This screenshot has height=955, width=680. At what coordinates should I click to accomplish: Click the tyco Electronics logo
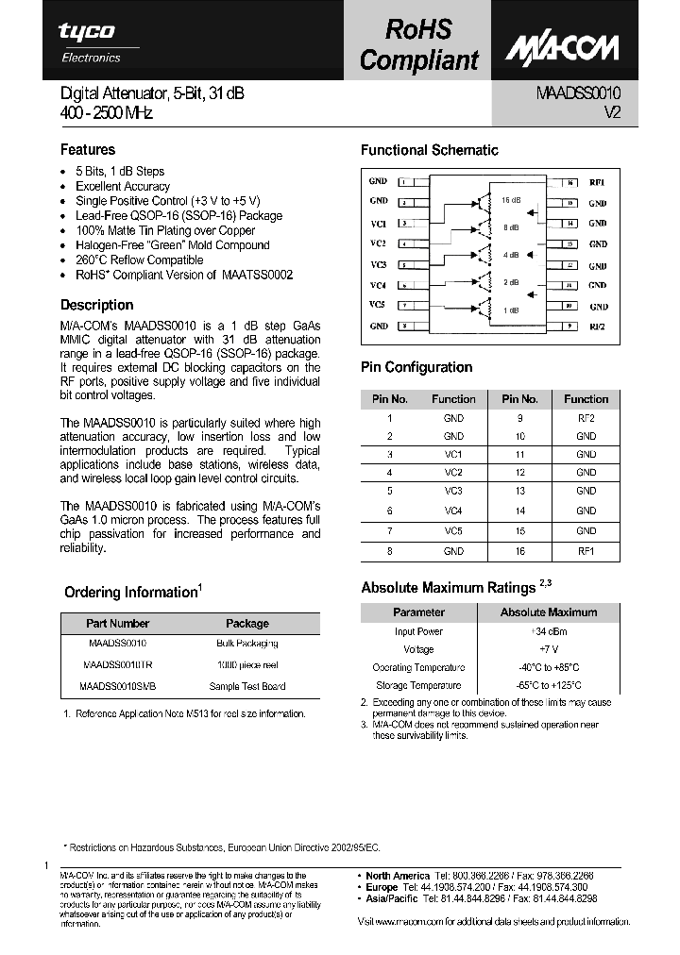pyautogui.click(x=91, y=42)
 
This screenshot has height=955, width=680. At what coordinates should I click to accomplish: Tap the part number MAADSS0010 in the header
pyautogui.click(x=579, y=93)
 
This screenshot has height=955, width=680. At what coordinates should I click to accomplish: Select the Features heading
pyautogui.click(x=88, y=150)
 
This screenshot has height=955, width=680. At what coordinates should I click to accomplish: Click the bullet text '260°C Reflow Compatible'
pyautogui.click(x=139, y=260)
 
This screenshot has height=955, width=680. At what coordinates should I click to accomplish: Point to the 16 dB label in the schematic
pyautogui.click(x=511, y=200)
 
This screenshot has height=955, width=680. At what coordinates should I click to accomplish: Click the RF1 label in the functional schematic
pyautogui.click(x=597, y=182)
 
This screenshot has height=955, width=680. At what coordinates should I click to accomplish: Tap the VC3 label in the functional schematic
pyautogui.click(x=378, y=265)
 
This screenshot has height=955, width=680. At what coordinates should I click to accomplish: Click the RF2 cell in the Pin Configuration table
pyautogui.click(x=586, y=417)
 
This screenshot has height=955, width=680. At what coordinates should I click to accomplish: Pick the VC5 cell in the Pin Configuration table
pyautogui.click(x=453, y=531)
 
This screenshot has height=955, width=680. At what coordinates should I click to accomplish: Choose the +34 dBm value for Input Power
pyautogui.click(x=548, y=631)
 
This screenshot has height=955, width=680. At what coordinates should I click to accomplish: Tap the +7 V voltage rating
pyautogui.click(x=548, y=649)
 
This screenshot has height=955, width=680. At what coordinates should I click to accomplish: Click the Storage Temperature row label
pyautogui.click(x=417, y=686)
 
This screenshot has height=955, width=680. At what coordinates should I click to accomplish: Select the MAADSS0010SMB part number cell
pyautogui.click(x=117, y=687)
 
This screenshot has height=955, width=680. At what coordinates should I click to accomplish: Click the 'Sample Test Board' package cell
pyautogui.click(x=247, y=687)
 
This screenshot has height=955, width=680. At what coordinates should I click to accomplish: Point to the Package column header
pyautogui.click(x=247, y=624)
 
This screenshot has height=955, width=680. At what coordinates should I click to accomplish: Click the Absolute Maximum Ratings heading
pyautogui.click(x=449, y=588)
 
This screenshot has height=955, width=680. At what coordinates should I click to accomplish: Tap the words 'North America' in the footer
pyautogui.click(x=398, y=876)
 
